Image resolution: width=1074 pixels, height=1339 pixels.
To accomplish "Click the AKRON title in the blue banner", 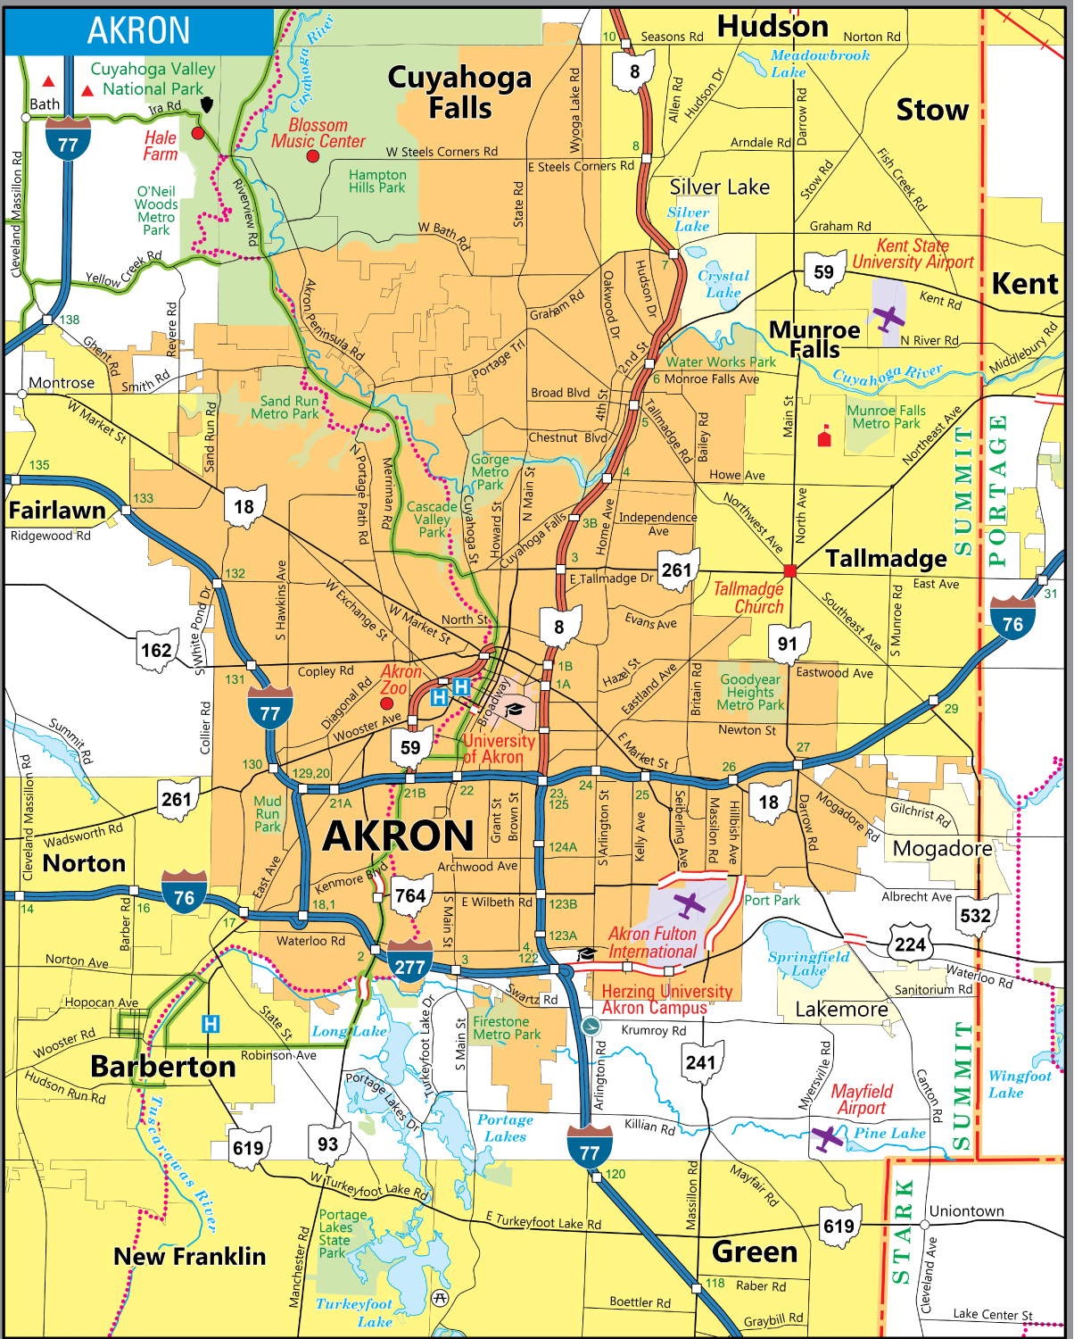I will tap(138, 30).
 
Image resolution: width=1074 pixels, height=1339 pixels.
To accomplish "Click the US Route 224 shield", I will tap(910, 944).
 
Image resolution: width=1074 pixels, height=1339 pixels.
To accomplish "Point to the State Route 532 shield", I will tap(975, 915).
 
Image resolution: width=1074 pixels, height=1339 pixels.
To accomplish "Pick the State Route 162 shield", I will tap(156, 650).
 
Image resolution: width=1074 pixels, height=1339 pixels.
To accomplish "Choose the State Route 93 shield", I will tap(327, 1144).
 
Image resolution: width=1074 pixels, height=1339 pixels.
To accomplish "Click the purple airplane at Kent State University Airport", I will tap(888, 318).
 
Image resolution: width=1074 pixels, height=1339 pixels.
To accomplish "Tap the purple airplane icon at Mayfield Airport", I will tap(828, 1138).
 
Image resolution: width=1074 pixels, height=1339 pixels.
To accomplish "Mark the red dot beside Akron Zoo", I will tap(387, 703).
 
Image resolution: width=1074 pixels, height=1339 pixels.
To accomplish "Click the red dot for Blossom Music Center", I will tap(312, 156).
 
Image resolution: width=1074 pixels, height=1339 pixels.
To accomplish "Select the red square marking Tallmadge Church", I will tap(789, 570).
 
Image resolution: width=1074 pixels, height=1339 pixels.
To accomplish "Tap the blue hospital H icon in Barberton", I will tap(211, 1024).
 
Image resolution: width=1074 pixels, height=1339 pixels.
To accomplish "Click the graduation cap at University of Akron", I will tap(515, 710).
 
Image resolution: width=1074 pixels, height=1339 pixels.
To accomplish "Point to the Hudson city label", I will tap(772, 27).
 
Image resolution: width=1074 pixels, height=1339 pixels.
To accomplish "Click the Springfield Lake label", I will tap(808, 963).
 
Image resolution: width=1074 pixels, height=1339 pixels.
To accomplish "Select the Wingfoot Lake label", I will tap(1019, 1085).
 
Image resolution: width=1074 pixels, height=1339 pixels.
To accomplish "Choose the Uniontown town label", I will tap(966, 1211).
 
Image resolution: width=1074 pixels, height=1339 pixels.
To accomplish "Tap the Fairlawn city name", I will tap(57, 511).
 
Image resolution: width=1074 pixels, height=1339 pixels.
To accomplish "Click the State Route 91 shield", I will tap(788, 643).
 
